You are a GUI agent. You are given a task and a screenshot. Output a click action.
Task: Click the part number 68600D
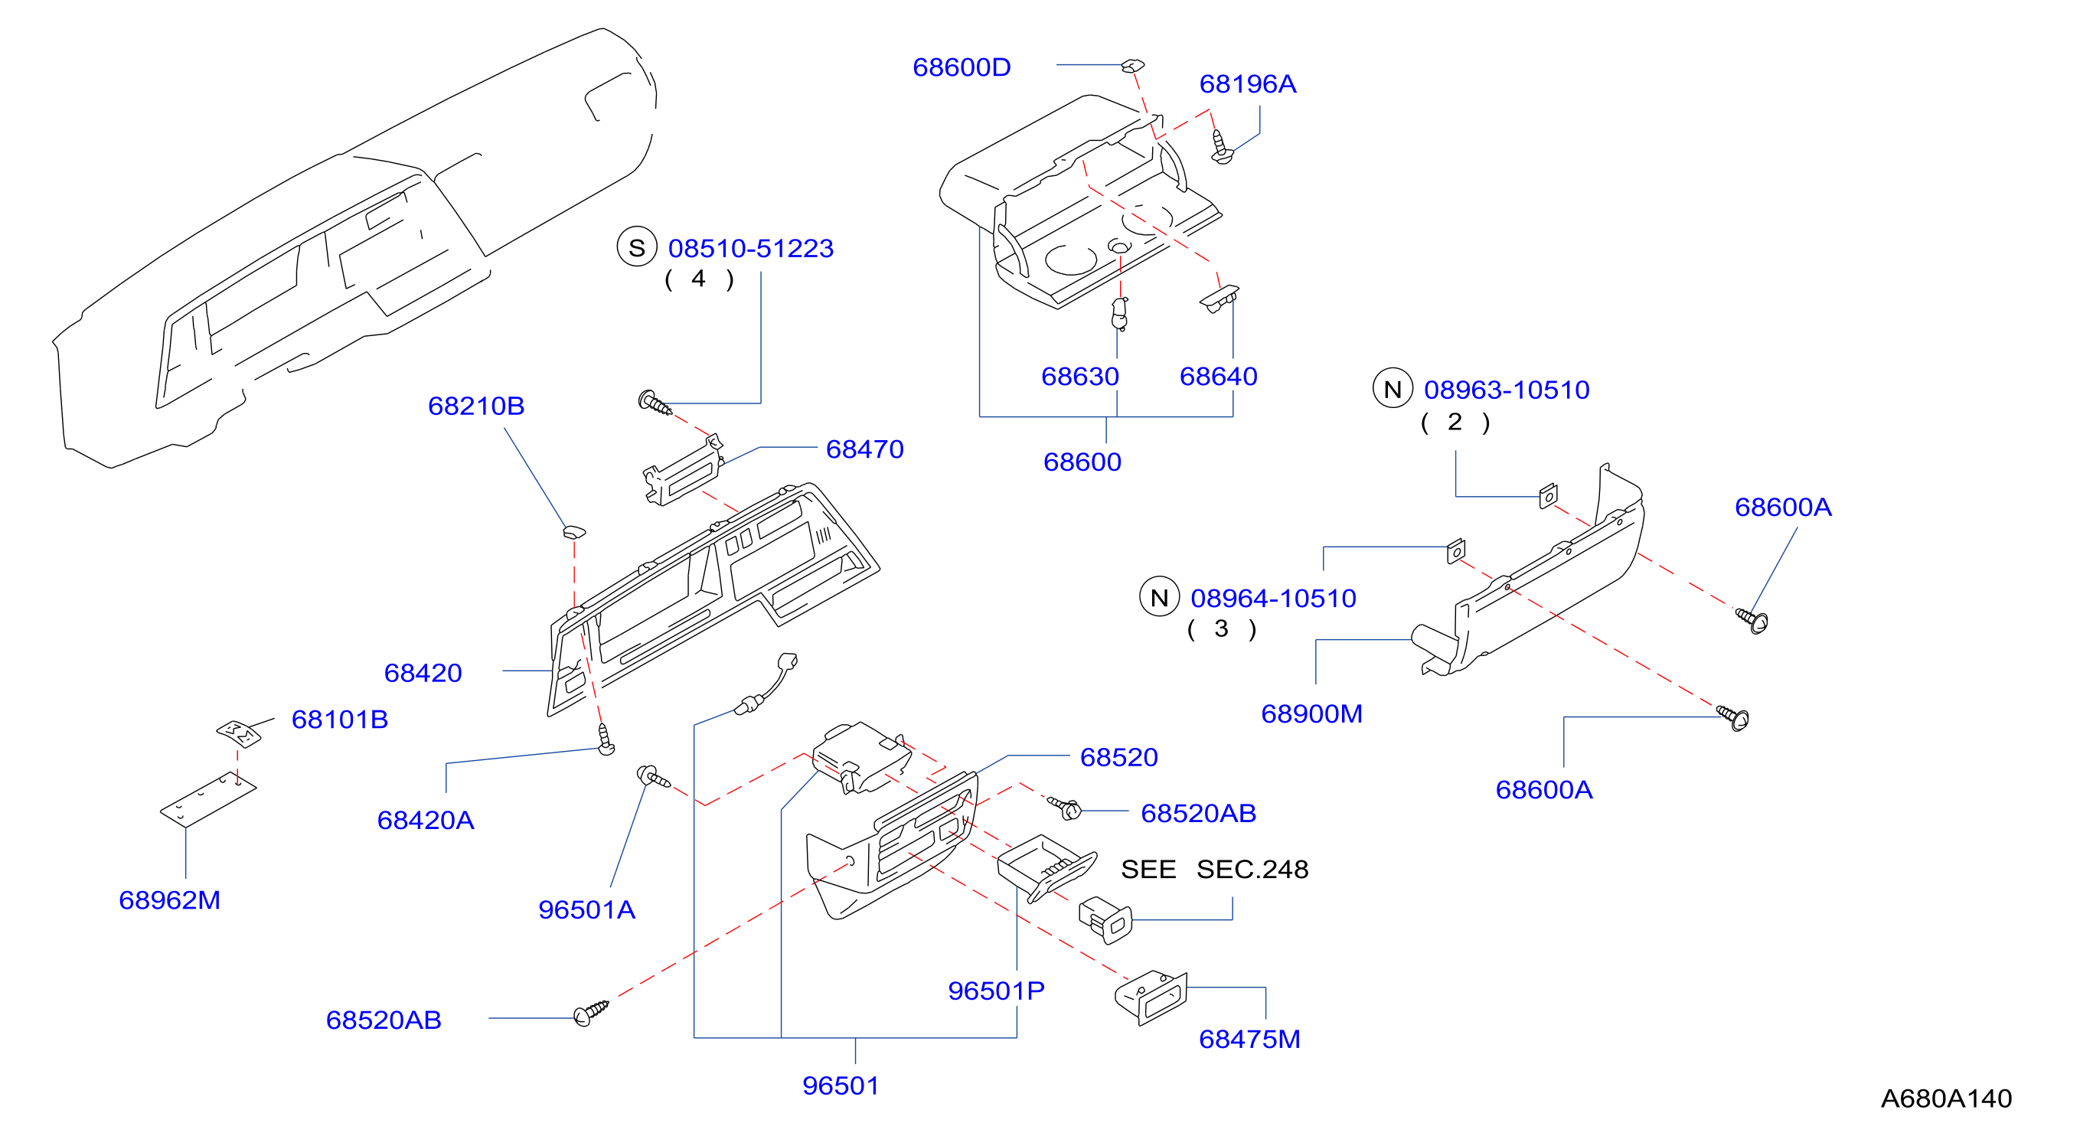962,67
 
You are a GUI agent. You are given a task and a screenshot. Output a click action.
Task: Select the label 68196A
1247,83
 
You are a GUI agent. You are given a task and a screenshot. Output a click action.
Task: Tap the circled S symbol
637,247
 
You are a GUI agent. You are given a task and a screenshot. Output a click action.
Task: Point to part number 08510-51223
751,248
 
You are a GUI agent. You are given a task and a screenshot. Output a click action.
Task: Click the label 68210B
476,406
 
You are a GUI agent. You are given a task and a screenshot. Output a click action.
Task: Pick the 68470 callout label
864,449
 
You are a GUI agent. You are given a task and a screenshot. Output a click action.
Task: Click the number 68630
1080,376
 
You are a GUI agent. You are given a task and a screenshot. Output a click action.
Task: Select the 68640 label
1218,376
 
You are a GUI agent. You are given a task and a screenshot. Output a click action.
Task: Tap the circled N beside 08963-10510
1393,389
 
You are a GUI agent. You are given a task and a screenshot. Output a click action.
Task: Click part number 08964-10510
1273,598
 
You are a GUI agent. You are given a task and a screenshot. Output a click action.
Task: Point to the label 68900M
1311,713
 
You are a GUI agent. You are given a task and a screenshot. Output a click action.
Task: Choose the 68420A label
425,820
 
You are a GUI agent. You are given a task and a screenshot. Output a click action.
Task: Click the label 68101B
340,719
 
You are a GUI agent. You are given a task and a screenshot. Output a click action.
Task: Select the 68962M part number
169,899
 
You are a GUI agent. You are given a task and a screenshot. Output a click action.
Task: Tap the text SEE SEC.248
1215,870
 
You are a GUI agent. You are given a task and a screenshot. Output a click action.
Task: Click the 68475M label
1249,1039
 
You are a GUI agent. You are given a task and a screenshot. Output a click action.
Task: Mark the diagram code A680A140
1946,1098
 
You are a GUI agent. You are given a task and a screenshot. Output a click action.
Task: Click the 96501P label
996,991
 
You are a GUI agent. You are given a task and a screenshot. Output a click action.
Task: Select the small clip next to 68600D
1134,65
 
